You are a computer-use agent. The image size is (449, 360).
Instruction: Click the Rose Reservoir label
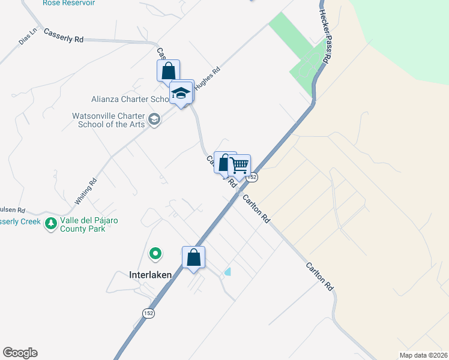pos(69,3)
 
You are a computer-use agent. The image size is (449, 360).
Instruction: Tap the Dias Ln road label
pos(28,35)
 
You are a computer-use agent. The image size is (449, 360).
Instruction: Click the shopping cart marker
pos(240,166)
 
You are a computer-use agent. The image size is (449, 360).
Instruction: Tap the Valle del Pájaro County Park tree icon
pos(52,224)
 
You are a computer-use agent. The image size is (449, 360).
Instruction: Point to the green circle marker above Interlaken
pos(155,254)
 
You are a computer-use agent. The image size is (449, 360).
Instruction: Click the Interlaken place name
pos(151,275)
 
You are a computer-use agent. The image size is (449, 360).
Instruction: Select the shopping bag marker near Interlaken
pos(193,258)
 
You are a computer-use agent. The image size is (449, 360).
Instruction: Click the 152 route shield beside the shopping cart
pos(253,177)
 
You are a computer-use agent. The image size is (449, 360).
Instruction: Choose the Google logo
pos(20,353)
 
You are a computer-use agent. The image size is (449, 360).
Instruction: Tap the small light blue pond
pos(228,272)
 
